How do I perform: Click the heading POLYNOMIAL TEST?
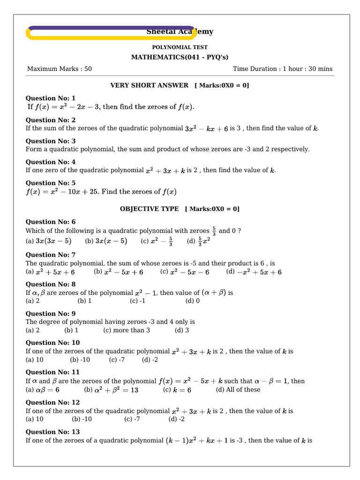tap(180, 47)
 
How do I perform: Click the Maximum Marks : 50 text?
tap(60, 69)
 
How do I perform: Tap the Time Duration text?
tap(283, 69)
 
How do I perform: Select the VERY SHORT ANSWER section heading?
tap(149, 85)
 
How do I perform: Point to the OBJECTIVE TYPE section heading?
tap(149, 209)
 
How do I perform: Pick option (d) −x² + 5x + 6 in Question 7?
tap(254, 272)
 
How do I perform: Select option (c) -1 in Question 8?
tap(137, 301)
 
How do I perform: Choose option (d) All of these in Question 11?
tap(238, 390)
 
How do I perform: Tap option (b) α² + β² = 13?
tap(111, 390)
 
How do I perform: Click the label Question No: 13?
tap(52, 432)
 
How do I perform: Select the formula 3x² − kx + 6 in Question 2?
tap(206, 128)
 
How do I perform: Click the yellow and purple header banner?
tap(111, 32)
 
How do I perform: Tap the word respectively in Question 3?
tap(291, 150)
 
